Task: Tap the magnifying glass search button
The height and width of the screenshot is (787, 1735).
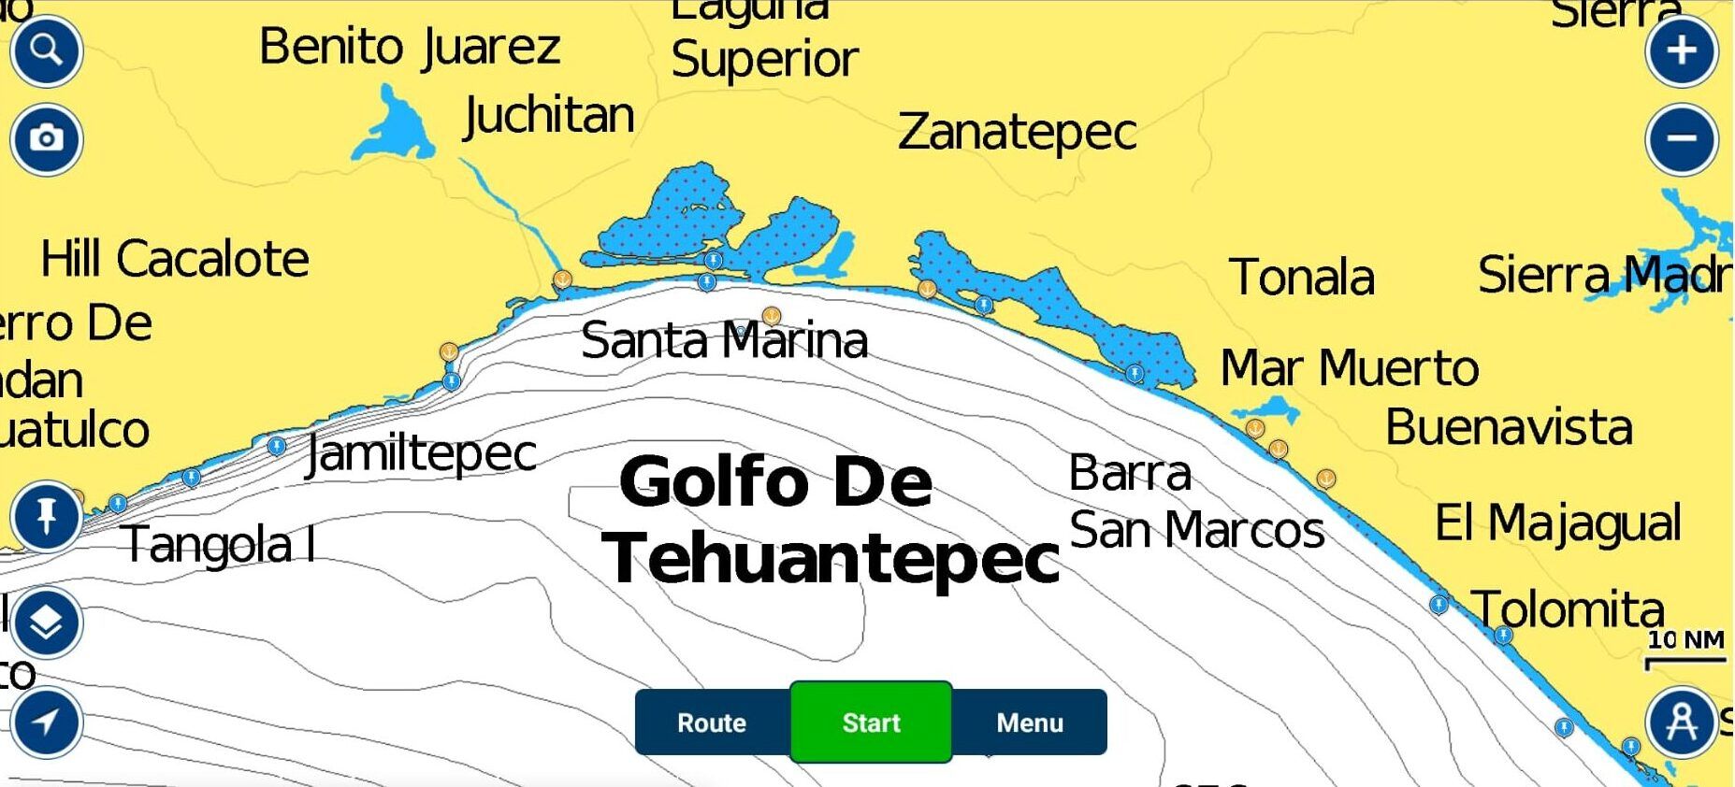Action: coord(46,50)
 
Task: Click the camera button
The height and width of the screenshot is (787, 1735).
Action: coord(46,139)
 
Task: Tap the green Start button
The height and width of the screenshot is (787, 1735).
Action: coord(871,723)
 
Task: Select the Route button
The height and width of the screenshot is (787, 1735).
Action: coord(712,723)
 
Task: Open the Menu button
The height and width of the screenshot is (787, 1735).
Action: coord(1030,723)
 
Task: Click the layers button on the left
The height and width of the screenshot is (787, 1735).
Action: coord(46,622)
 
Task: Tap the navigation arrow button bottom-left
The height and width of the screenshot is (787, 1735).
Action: coord(46,722)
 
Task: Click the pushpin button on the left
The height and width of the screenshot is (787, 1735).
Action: coord(46,516)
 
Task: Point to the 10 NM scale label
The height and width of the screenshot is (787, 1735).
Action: coord(1685,640)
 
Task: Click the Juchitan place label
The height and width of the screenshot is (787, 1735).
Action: coord(549,116)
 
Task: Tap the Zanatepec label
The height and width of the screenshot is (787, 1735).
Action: coord(1017,132)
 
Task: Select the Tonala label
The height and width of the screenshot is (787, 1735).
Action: coord(1301,278)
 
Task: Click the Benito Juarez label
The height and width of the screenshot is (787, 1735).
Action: coord(409,47)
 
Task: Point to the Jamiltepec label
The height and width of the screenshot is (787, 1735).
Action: coord(422,454)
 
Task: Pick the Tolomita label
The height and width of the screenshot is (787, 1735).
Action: coord(1569,609)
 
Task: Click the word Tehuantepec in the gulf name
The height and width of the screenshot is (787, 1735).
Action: coord(831,559)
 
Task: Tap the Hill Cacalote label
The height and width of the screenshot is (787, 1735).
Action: coord(175,259)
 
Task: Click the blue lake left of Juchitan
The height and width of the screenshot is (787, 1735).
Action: coord(395,126)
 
